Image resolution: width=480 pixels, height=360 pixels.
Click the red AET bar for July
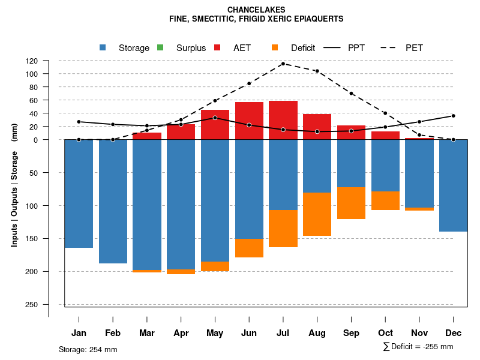click(x=283, y=120)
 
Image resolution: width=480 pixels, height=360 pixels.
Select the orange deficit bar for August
click(x=317, y=214)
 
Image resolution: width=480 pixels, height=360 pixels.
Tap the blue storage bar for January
click(x=79, y=193)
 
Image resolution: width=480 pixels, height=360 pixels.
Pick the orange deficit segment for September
click(x=352, y=203)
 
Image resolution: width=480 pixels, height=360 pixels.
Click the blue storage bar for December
click(x=454, y=185)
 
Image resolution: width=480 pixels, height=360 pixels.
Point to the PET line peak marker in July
click(x=283, y=64)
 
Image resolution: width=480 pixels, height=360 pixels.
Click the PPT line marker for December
click(x=454, y=116)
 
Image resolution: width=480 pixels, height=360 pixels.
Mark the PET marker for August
click(x=317, y=71)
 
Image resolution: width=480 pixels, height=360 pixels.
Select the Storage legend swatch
click(x=103, y=48)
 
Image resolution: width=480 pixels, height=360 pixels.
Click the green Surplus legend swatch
click(x=160, y=48)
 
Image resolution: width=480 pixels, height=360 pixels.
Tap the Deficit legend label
click(x=303, y=48)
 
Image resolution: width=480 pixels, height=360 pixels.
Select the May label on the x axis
click(x=215, y=333)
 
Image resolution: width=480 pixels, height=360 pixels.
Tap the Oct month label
click(x=386, y=333)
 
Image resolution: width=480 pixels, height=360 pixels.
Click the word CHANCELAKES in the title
click(x=256, y=10)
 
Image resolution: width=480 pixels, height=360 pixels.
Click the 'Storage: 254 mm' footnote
click(x=88, y=349)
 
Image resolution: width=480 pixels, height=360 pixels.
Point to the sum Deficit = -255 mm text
click(x=418, y=347)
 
